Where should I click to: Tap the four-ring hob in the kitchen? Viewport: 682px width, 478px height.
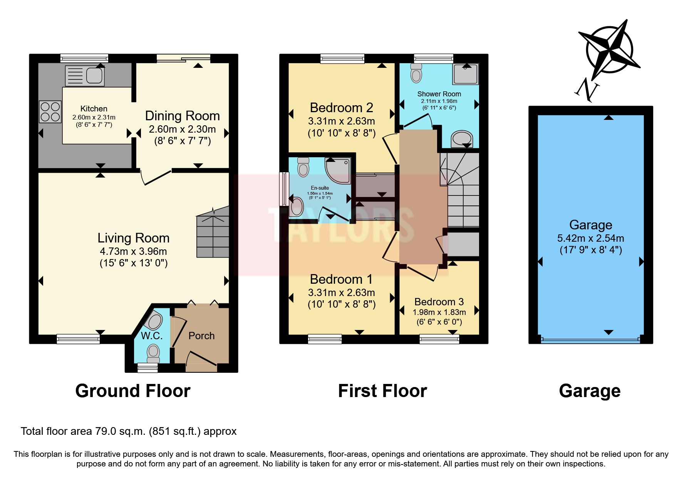pos(50,111)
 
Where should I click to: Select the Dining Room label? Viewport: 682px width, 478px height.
pos(182,116)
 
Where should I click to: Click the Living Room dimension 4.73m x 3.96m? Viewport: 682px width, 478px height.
pos(133,251)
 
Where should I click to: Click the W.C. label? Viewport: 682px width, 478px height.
pos(152,336)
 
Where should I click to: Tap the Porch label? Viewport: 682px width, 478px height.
pos(201,336)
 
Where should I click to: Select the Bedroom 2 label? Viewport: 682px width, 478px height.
pos(341,108)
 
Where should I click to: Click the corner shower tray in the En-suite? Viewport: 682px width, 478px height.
pos(338,170)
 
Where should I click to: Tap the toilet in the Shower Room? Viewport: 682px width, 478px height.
pos(416,73)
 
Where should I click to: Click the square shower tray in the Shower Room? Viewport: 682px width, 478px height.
pos(466,74)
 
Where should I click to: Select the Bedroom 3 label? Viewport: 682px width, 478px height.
pos(439,302)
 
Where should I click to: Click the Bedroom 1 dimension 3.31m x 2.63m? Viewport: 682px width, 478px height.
pos(341,293)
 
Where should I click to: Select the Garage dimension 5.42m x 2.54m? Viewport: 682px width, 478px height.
pos(590,238)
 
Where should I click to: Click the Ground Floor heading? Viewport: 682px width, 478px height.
pos(133,391)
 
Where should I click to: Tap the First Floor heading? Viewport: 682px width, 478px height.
pos(382,391)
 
